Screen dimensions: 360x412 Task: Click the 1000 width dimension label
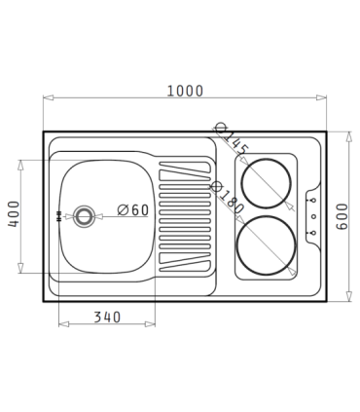pos(185,91)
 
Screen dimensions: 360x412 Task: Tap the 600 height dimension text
pos(342,216)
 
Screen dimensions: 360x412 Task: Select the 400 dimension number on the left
pos(14,214)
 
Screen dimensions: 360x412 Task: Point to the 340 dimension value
pos(107,318)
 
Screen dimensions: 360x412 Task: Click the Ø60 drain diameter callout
pos(133,210)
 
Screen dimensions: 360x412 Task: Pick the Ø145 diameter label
pos(233,140)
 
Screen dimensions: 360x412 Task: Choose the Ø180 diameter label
pos(228,198)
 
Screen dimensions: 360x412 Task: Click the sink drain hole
pos(84,216)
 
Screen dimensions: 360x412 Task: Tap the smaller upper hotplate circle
pos(267,159)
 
